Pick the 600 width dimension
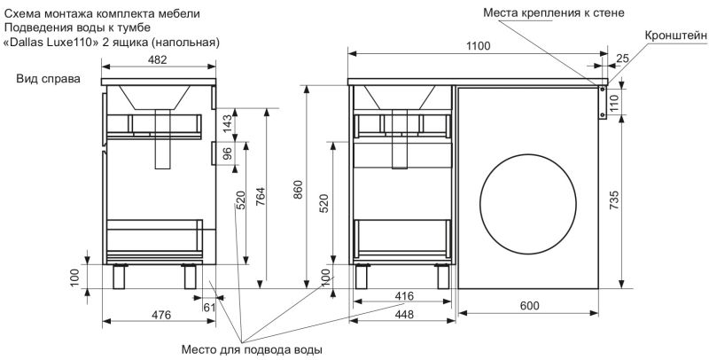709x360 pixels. [528, 307]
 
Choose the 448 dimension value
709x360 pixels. [404, 314]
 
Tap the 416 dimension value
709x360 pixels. [404, 295]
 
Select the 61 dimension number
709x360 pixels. [210, 306]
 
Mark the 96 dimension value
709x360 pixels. [228, 154]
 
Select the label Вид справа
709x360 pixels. [48, 79]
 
